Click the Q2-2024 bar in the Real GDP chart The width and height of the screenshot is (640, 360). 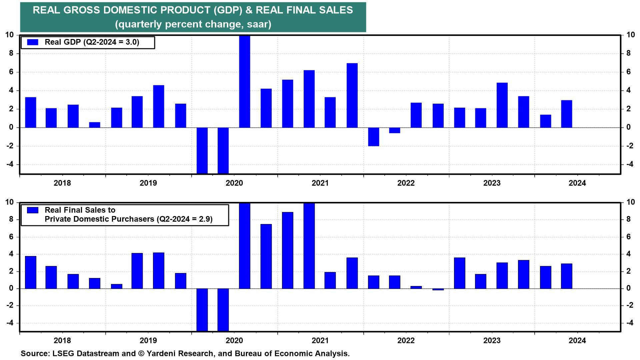[566, 114]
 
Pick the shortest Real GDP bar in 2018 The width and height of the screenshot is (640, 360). [95, 125]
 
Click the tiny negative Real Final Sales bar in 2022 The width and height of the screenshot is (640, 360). [438, 289]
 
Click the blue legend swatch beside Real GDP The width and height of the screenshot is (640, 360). [33, 42]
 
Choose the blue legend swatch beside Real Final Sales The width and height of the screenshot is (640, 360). [33, 210]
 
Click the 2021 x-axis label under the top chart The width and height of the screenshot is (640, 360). [320, 183]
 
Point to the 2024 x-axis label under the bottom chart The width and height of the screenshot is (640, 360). [577, 340]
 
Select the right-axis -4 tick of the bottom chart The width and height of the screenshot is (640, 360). [630, 323]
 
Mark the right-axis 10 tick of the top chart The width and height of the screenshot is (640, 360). [630, 35]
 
